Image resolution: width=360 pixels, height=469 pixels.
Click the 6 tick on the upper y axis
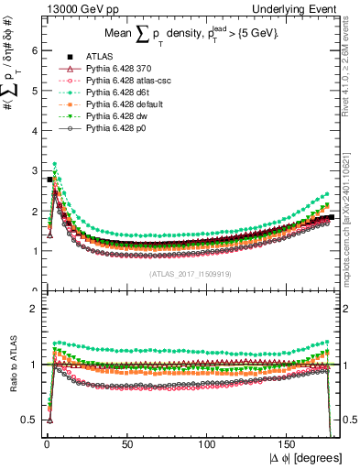tap(33, 50)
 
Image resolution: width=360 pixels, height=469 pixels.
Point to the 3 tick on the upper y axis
tap(33, 170)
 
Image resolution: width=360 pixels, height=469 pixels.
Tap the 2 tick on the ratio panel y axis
tap(33, 309)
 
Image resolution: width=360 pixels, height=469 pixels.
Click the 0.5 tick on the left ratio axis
tap(30, 420)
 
